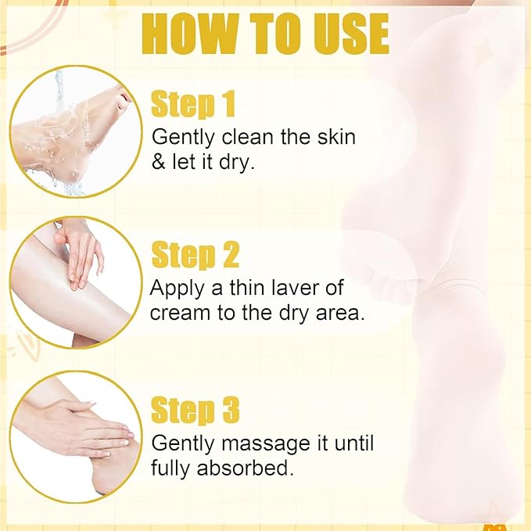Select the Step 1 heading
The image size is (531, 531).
coord(192,104)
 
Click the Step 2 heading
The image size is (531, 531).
coord(195,256)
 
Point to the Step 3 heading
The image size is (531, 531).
coord(195,410)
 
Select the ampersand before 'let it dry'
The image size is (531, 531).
coord(158,162)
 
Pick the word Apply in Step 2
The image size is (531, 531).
coord(176,289)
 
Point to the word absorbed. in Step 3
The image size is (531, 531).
coord(245,468)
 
